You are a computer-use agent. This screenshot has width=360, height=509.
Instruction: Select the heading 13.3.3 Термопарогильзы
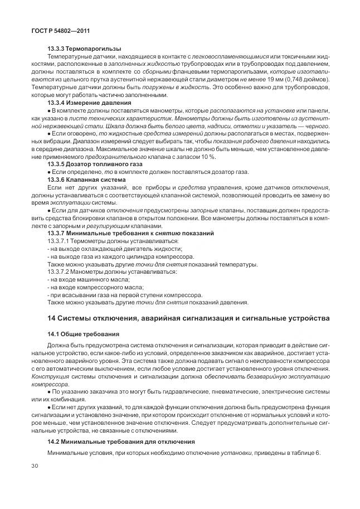pos(84,49)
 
